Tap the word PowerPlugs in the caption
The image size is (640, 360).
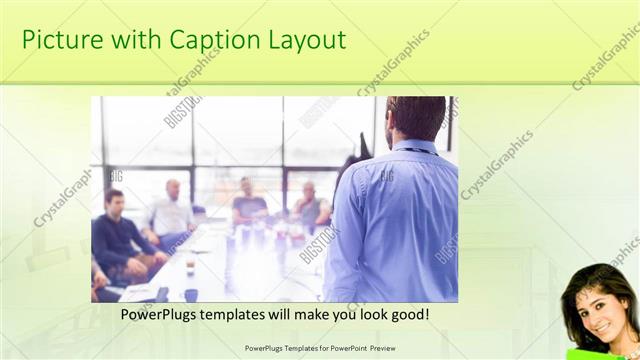pos(160,314)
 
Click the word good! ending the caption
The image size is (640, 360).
pos(409,314)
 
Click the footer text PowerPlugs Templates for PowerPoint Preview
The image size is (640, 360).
pos(320,348)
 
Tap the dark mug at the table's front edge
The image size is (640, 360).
pos(191,295)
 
